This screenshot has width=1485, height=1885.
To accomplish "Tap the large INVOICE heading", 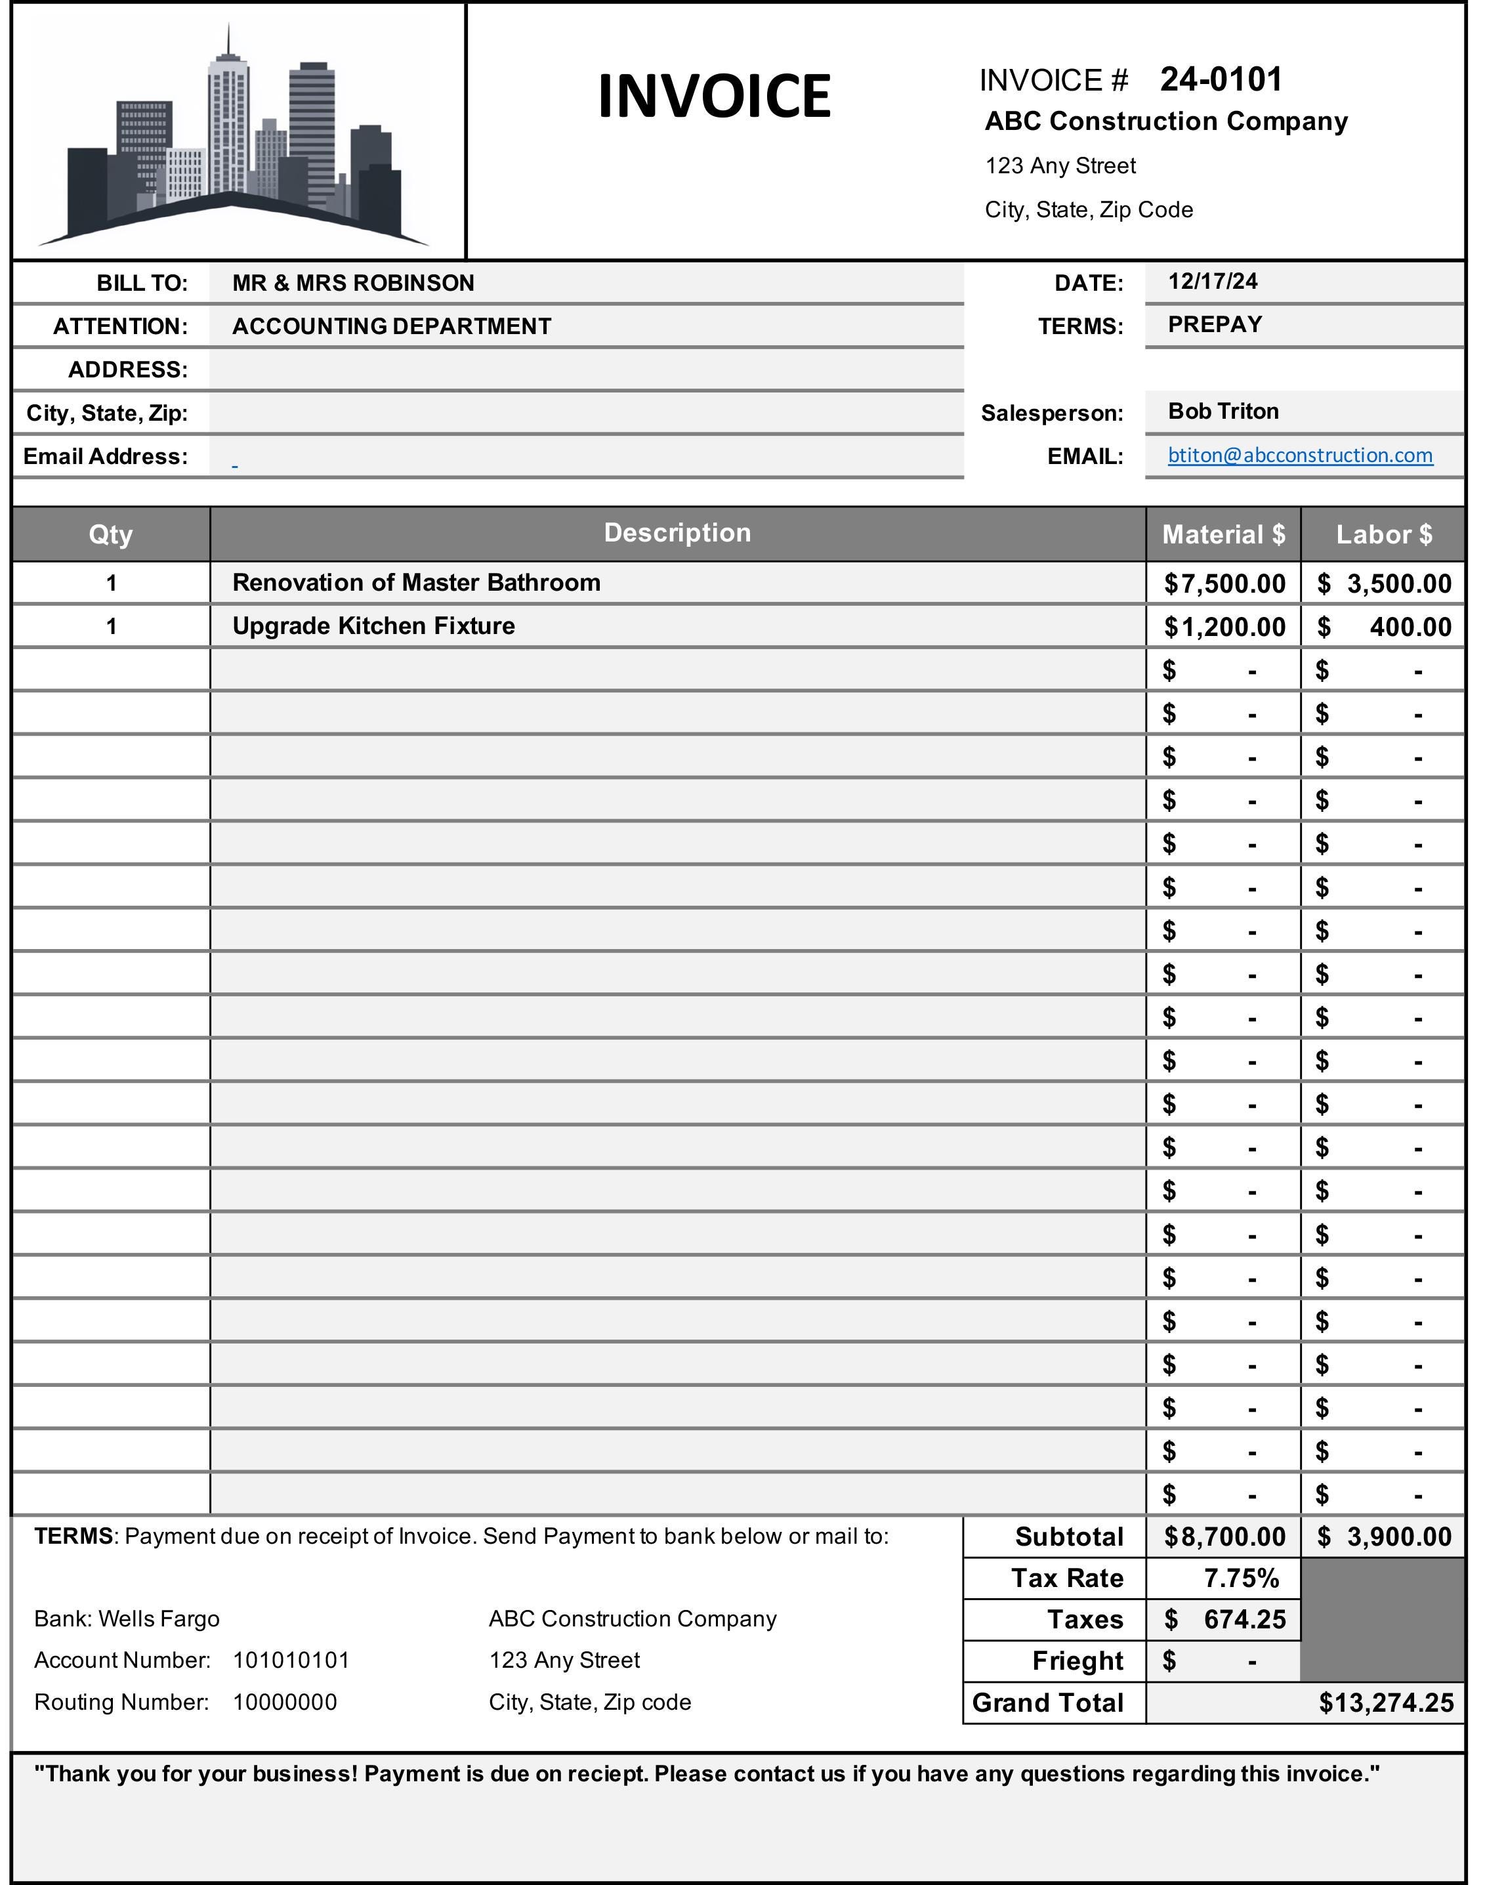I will [x=714, y=96].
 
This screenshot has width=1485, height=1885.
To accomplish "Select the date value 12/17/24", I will [x=1212, y=281].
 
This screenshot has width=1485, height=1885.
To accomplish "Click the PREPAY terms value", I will [x=1214, y=324].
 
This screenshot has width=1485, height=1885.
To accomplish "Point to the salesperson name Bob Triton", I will [x=1223, y=412].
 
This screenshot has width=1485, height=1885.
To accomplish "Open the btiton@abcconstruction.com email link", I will [x=1300, y=455].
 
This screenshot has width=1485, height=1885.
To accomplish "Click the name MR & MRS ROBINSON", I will [x=353, y=283].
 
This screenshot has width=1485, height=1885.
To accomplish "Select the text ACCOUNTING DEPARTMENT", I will [x=391, y=326].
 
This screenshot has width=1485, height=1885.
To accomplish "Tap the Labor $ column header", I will [x=1383, y=534].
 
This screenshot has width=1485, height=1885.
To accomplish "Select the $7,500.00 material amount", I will [x=1224, y=583].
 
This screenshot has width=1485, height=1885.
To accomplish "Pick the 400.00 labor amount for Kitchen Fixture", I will [x=1410, y=627].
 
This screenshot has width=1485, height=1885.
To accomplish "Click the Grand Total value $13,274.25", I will [x=1385, y=1703].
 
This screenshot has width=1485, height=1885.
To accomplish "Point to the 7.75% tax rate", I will [x=1241, y=1578].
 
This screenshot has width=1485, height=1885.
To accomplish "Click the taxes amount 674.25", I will [x=1244, y=1619].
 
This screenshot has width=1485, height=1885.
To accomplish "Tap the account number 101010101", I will [x=291, y=1661].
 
